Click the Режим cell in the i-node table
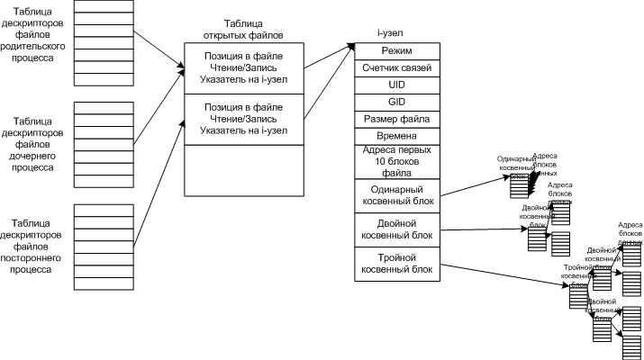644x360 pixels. point(396,51)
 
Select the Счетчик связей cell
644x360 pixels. point(396,68)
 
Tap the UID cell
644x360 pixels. point(396,85)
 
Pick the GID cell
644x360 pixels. point(396,102)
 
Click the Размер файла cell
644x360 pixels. point(396,119)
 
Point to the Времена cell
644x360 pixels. point(396,135)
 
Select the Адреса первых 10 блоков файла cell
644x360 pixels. point(396,161)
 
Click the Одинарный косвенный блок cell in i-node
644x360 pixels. point(396,194)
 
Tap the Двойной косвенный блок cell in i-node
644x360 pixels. point(396,229)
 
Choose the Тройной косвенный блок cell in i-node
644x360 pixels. point(396,265)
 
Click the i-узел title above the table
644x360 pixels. point(389,33)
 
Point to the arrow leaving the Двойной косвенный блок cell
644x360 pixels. point(482,229)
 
